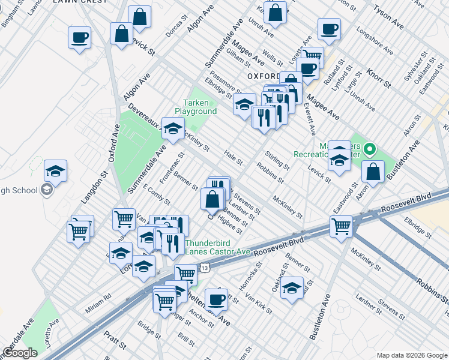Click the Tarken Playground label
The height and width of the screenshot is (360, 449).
[196, 107]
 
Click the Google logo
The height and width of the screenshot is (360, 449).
[20, 353]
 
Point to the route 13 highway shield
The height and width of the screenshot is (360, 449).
[205, 267]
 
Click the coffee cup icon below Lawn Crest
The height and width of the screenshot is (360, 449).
[79, 38]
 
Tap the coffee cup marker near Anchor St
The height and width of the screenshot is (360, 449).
[216, 299]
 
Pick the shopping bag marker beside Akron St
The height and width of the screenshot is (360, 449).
[373, 172]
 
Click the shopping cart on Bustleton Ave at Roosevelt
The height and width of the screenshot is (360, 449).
[341, 227]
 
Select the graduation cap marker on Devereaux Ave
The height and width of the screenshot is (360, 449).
[173, 129]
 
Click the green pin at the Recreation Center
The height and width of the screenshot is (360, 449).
[370, 148]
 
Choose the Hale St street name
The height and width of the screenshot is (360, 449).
[233, 158]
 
